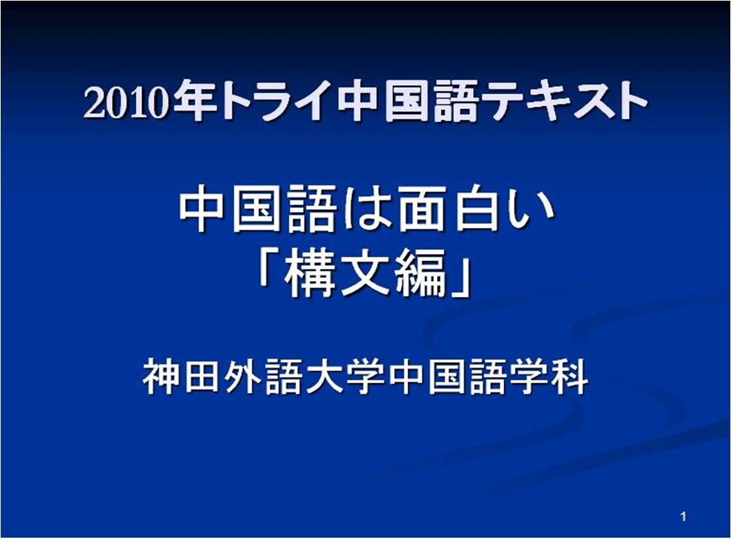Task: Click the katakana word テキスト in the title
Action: point(564,100)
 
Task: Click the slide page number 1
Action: point(683,517)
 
